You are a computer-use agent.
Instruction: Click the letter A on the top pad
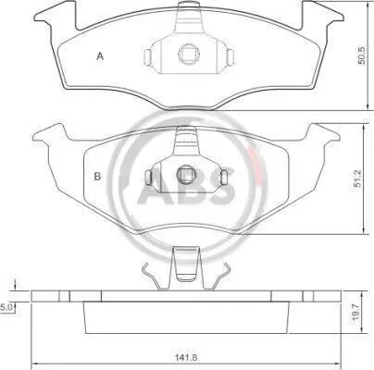(100, 56)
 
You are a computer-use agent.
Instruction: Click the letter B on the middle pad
(97, 177)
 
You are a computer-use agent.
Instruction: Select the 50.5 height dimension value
(361, 55)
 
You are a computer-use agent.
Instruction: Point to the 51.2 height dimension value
(358, 179)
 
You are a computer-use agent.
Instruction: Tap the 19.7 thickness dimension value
(356, 314)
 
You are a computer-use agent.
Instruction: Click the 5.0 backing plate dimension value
(6, 307)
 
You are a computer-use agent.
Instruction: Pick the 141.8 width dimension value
(186, 358)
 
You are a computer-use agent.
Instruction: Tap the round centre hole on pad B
(186, 175)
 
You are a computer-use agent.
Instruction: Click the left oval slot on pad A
(148, 55)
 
